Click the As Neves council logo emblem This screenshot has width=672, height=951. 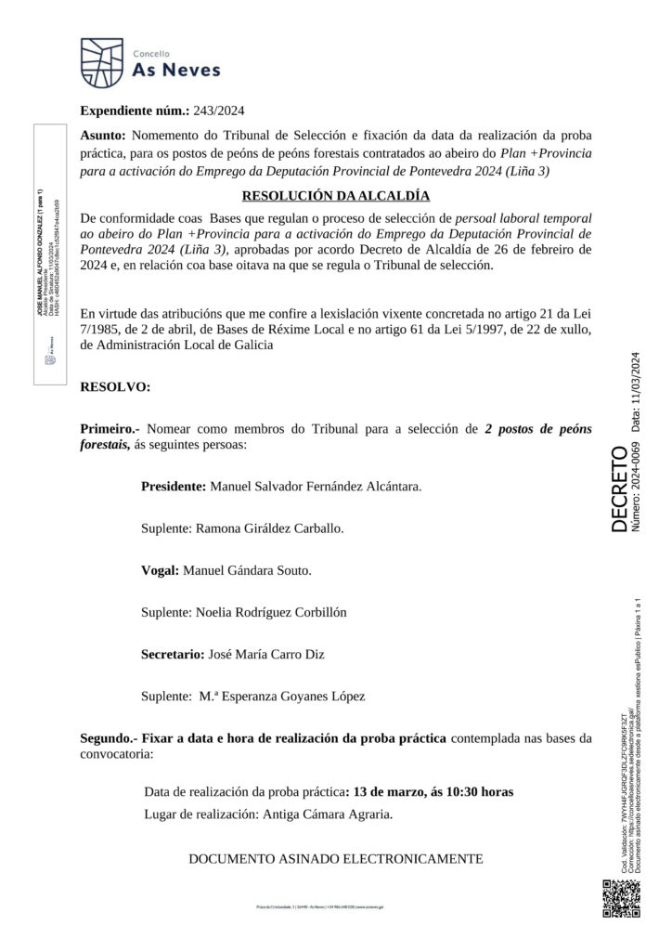point(101,60)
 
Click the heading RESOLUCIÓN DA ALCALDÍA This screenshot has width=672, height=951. point(335,196)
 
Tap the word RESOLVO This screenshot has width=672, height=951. point(115,385)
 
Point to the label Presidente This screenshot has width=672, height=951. point(173,486)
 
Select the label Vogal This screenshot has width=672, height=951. point(160,569)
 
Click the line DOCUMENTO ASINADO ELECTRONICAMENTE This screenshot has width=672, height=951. point(335,858)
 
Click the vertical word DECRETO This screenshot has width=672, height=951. point(618,489)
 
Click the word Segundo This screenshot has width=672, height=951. point(109,738)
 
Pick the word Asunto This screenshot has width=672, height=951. point(105,135)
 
